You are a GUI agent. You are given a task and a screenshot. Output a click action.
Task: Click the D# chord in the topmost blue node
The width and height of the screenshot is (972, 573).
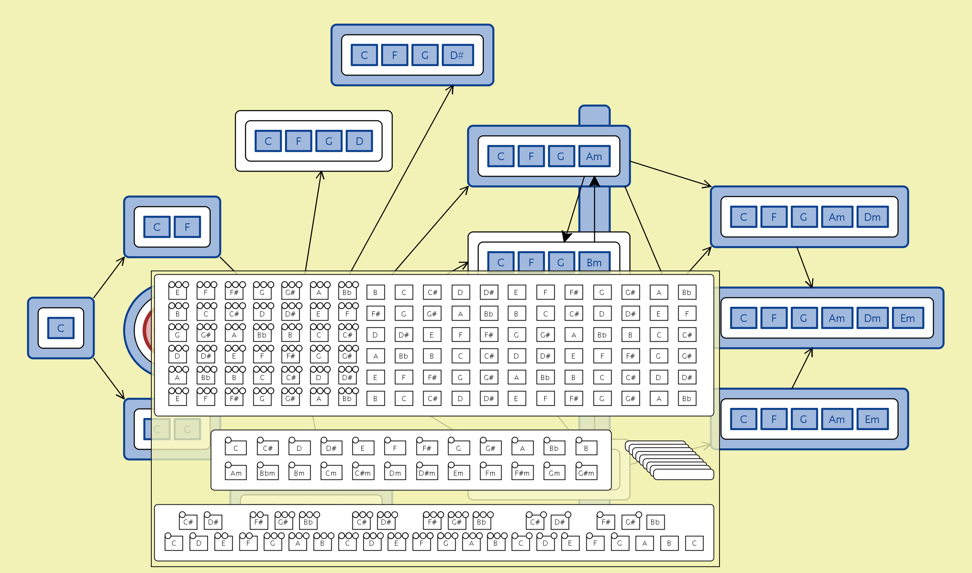click(457, 55)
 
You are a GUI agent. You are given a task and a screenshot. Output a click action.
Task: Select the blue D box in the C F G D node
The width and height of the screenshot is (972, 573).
click(359, 141)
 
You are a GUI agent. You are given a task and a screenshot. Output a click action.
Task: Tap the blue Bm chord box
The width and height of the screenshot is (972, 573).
click(594, 262)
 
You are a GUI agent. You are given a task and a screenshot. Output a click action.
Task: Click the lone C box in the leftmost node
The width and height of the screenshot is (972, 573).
click(61, 328)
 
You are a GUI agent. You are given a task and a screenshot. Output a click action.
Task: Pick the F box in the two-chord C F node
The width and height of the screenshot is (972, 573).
click(187, 227)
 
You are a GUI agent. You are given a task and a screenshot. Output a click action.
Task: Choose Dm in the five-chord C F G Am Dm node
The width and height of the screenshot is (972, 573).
click(872, 217)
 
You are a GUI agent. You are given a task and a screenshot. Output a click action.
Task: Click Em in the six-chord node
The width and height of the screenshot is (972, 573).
click(908, 318)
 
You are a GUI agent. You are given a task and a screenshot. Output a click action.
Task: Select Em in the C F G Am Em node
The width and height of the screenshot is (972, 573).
click(872, 419)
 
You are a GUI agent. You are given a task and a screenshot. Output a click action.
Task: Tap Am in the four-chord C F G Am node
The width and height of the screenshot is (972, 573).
click(594, 156)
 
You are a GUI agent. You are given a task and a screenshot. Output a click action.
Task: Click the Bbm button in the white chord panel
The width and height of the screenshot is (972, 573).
click(267, 473)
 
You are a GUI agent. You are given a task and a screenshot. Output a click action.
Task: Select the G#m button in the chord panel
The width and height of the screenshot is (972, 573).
click(586, 473)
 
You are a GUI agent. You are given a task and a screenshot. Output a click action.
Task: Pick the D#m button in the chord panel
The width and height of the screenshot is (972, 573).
click(427, 473)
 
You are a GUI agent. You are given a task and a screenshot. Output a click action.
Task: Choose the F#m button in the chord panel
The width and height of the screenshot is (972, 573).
click(522, 473)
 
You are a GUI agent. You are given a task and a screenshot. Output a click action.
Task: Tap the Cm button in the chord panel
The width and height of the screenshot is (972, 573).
click(331, 473)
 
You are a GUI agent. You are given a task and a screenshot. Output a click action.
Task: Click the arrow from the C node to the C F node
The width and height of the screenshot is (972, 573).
click(109, 277)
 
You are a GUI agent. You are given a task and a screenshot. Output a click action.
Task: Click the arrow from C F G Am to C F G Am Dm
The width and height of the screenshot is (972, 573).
click(670, 174)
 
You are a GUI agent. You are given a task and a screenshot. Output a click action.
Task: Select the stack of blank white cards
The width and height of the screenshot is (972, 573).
click(670, 460)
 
